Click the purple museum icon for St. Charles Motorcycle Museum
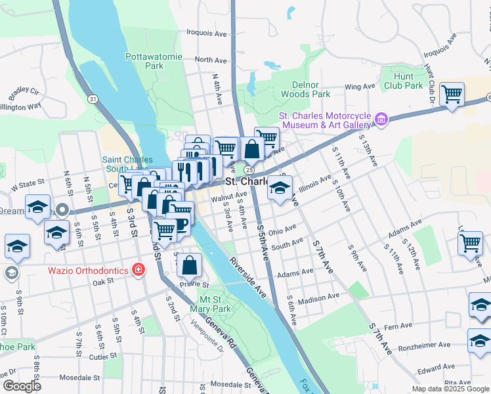[381, 120]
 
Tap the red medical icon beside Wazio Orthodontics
[138, 269]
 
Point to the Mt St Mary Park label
[210, 303]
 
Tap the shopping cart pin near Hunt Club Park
[452, 95]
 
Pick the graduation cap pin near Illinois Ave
[280, 188]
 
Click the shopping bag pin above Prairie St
[190, 265]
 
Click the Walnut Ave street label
[228, 195]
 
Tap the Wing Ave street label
[360, 87]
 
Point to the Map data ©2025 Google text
[450, 389]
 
